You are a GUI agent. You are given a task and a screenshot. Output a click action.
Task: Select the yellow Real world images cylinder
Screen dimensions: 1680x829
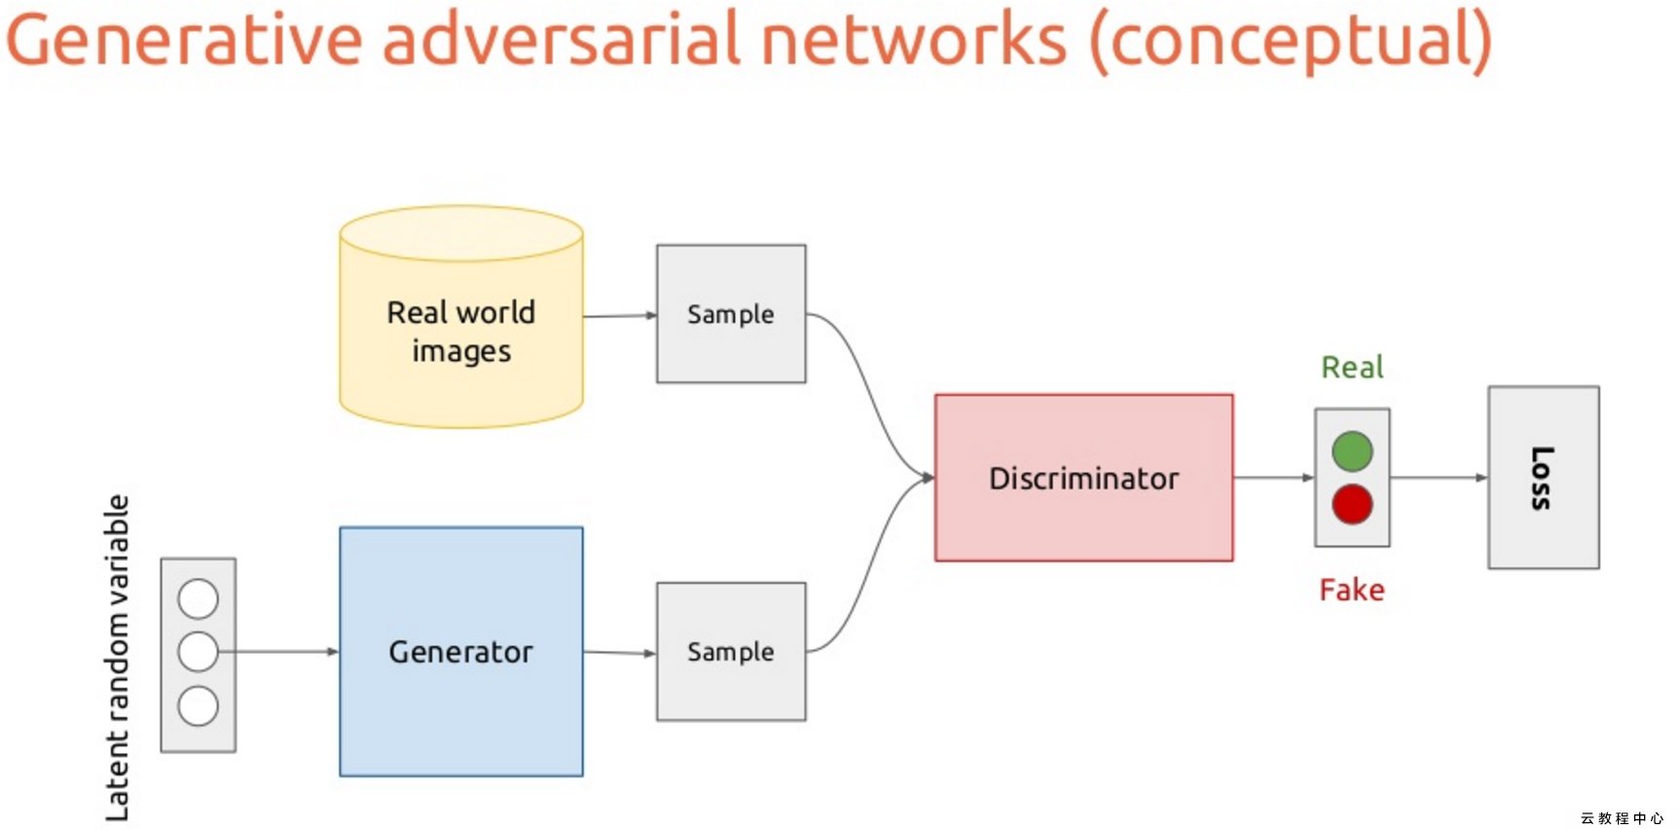461,316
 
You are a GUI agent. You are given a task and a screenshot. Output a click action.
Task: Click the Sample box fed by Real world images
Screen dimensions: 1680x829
731,313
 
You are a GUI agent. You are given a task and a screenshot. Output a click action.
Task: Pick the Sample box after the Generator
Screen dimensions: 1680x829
731,651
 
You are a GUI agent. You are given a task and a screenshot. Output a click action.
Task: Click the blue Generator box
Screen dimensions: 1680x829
461,651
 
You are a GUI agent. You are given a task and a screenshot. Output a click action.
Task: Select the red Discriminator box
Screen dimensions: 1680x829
1083,478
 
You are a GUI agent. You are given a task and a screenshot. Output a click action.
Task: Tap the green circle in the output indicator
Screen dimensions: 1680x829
1352,451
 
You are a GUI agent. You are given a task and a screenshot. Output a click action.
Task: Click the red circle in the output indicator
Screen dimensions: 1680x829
1352,504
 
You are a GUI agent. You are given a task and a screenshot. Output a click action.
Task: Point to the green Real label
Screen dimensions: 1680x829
1352,367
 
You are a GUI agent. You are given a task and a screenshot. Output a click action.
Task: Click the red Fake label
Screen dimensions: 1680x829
1352,590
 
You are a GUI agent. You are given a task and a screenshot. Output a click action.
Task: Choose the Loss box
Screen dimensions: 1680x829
1544,478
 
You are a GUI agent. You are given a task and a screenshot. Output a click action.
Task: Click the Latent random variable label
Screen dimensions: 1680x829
117,658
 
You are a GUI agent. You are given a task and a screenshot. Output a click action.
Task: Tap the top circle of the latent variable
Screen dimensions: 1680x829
199,599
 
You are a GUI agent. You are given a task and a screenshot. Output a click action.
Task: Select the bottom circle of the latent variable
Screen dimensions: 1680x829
199,706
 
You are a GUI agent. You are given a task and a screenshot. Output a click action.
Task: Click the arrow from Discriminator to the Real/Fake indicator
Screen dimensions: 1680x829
1274,478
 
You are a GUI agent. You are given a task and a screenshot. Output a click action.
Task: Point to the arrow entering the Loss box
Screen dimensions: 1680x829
1440,478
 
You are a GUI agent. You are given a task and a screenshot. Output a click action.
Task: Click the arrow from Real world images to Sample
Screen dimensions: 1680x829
620,315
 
